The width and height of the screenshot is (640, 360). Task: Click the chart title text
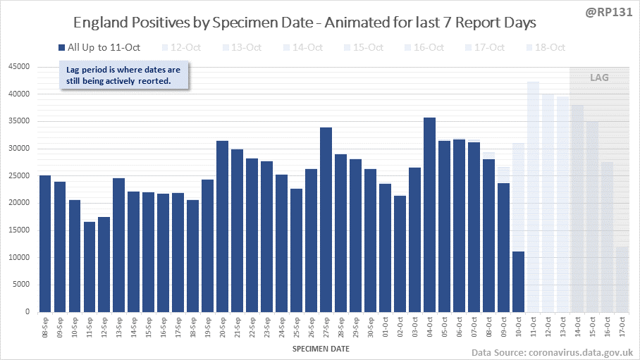point(305,23)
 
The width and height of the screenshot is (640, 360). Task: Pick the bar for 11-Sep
point(89,267)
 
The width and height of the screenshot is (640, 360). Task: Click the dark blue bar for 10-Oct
point(518,282)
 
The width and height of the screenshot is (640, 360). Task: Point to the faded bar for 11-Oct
point(533,197)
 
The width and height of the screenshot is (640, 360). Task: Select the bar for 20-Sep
point(222,226)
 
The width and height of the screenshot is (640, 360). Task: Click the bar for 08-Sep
point(45,244)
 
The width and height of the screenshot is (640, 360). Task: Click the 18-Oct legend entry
point(546,48)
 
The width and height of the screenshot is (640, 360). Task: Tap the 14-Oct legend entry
point(303,48)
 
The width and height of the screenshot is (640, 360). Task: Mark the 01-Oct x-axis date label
point(385,329)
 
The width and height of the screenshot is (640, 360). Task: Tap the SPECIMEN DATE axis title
point(320,348)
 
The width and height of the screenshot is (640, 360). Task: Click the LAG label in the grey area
point(599,77)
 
